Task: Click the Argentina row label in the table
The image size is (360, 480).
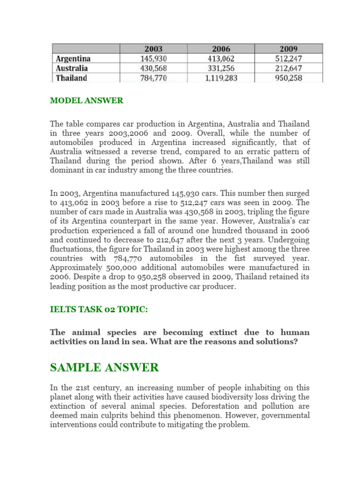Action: [73, 59]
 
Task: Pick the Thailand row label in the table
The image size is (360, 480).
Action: [72, 78]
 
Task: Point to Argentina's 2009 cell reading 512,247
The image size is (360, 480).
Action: [289, 59]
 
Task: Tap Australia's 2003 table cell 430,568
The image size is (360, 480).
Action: [153, 68]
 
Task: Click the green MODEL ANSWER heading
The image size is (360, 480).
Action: [87, 101]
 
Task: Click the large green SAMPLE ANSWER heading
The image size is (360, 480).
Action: [105, 367]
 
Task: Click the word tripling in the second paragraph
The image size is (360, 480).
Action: [246, 212]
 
